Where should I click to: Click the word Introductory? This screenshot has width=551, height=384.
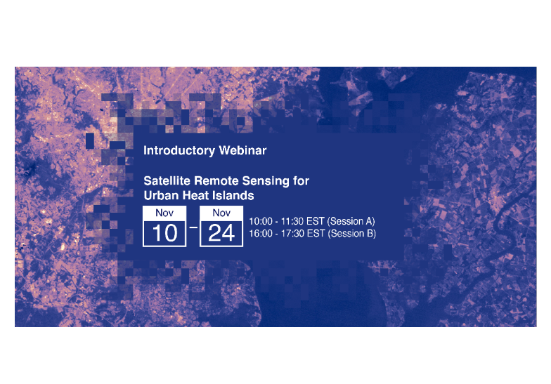179,150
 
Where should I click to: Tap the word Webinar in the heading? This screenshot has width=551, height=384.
242,150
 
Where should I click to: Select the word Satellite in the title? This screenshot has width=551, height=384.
167,181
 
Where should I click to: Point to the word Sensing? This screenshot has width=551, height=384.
266,181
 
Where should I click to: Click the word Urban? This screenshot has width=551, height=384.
161,195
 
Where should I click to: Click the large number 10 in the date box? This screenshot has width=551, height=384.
164,233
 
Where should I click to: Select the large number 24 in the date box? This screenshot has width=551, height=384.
221,233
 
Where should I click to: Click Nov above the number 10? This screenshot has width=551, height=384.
164,213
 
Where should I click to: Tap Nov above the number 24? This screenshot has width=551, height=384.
221,213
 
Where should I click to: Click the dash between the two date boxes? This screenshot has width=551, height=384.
193,227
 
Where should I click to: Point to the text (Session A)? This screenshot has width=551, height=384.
351,221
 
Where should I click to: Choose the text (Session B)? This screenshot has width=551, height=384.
351,233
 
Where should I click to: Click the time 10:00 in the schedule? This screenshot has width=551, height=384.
261,222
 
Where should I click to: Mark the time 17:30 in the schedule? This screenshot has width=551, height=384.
292,234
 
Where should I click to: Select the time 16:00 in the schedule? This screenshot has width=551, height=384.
261,234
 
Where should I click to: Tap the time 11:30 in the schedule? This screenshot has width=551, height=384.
292,222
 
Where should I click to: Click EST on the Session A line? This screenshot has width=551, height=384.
315,222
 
